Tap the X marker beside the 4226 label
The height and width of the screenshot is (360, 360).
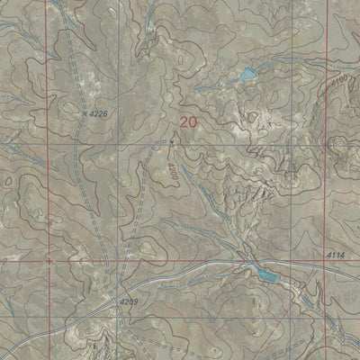pos(85,113)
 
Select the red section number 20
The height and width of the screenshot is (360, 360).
pos(188,121)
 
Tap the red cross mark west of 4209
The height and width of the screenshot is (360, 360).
pos(42,261)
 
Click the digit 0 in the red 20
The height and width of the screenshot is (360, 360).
pos(193,121)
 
